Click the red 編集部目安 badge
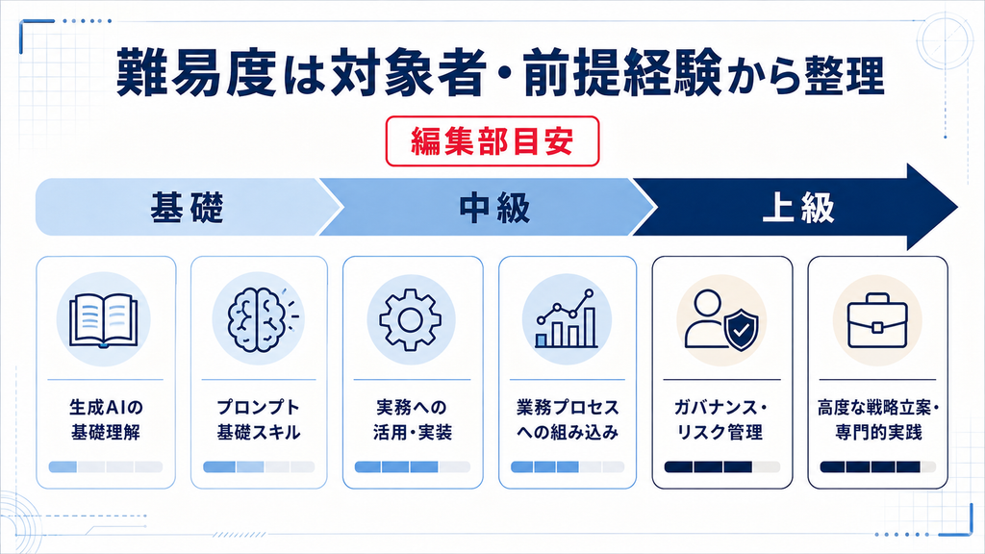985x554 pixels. (x=492, y=141)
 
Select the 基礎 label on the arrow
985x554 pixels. (x=187, y=208)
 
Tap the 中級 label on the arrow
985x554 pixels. (x=494, y=208)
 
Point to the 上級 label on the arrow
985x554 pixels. (x=797, y=208)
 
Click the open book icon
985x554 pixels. (x=104, y=320)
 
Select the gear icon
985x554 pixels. (x=410, y=319)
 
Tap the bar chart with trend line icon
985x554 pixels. (x=566, y=318)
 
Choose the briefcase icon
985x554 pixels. (x=877, y=322)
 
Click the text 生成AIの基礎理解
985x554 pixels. (x=106, y=419)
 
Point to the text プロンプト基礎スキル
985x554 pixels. (x=259, y=419)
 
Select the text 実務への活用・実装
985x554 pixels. (x=412, y=419)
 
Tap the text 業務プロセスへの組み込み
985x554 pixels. (x=568, y=419)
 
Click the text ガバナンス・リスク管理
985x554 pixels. (x=721, y=419)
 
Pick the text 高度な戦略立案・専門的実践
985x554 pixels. (x=877, y=419)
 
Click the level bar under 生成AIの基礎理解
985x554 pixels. (x=106, y=466)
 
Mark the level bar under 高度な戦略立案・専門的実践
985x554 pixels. (x=877, y=466)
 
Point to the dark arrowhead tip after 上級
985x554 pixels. (x=957, y=208)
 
